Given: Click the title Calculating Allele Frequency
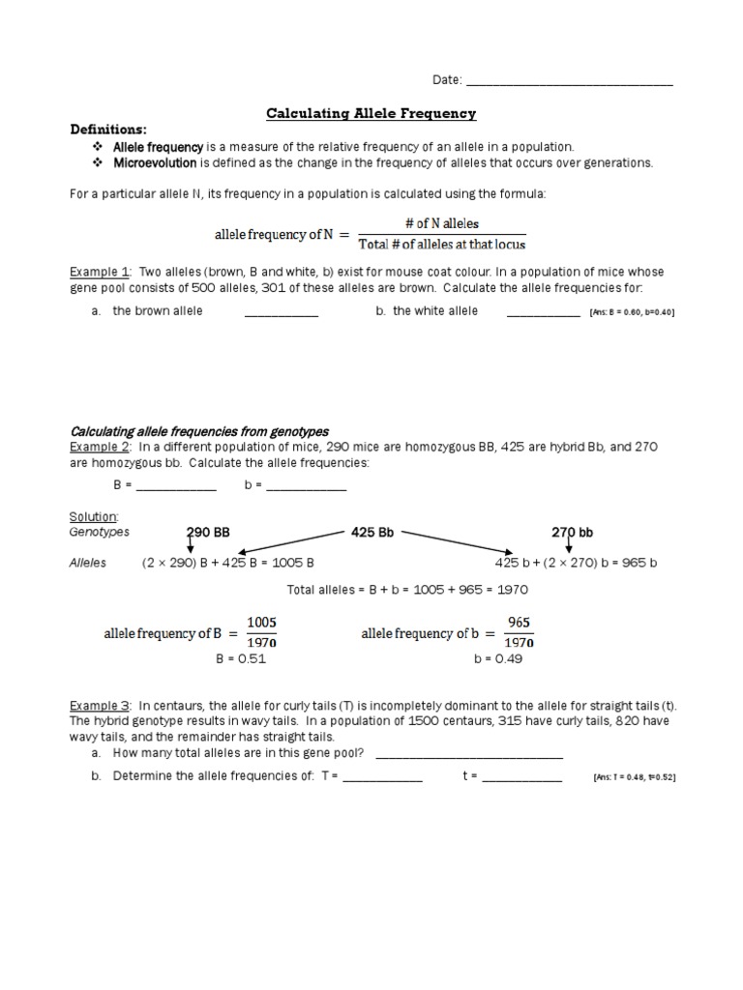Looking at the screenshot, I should (x=371, y=114).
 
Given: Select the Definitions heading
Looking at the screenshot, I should (x=108, y=130).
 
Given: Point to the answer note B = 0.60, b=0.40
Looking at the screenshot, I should (x=631, y=312).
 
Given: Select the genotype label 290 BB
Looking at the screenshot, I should (x=207, y=532).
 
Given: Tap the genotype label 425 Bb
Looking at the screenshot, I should (x=372, y=532).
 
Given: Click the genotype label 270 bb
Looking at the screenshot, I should (x=572, y=532).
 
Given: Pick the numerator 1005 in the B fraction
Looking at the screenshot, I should (x=261, y=622).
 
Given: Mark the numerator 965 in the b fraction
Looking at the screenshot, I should (x=519, y=622).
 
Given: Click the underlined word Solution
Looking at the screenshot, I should (x=93, y=517).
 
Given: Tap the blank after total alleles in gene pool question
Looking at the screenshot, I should (x=468, y=756).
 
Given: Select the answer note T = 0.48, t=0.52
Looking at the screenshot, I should (x=633, y=777).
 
